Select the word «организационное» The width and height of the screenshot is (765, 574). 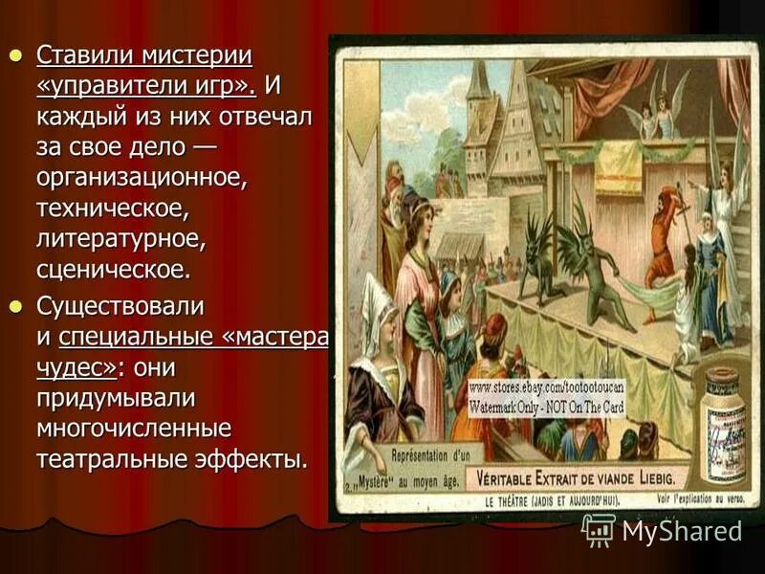[x=142, y=177]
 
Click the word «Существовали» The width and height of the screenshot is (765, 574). [x=120, y=306]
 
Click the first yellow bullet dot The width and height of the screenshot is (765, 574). [x=15, y=55]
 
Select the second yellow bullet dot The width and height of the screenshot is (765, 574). [x=15, y=306]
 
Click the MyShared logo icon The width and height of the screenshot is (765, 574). [x=599, y=529]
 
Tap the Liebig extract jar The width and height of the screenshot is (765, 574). [x=724, y=416]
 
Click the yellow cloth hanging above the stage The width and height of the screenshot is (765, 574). [x=619, y=167]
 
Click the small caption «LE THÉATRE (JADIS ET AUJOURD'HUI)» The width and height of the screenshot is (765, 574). [x=555, y=498]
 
